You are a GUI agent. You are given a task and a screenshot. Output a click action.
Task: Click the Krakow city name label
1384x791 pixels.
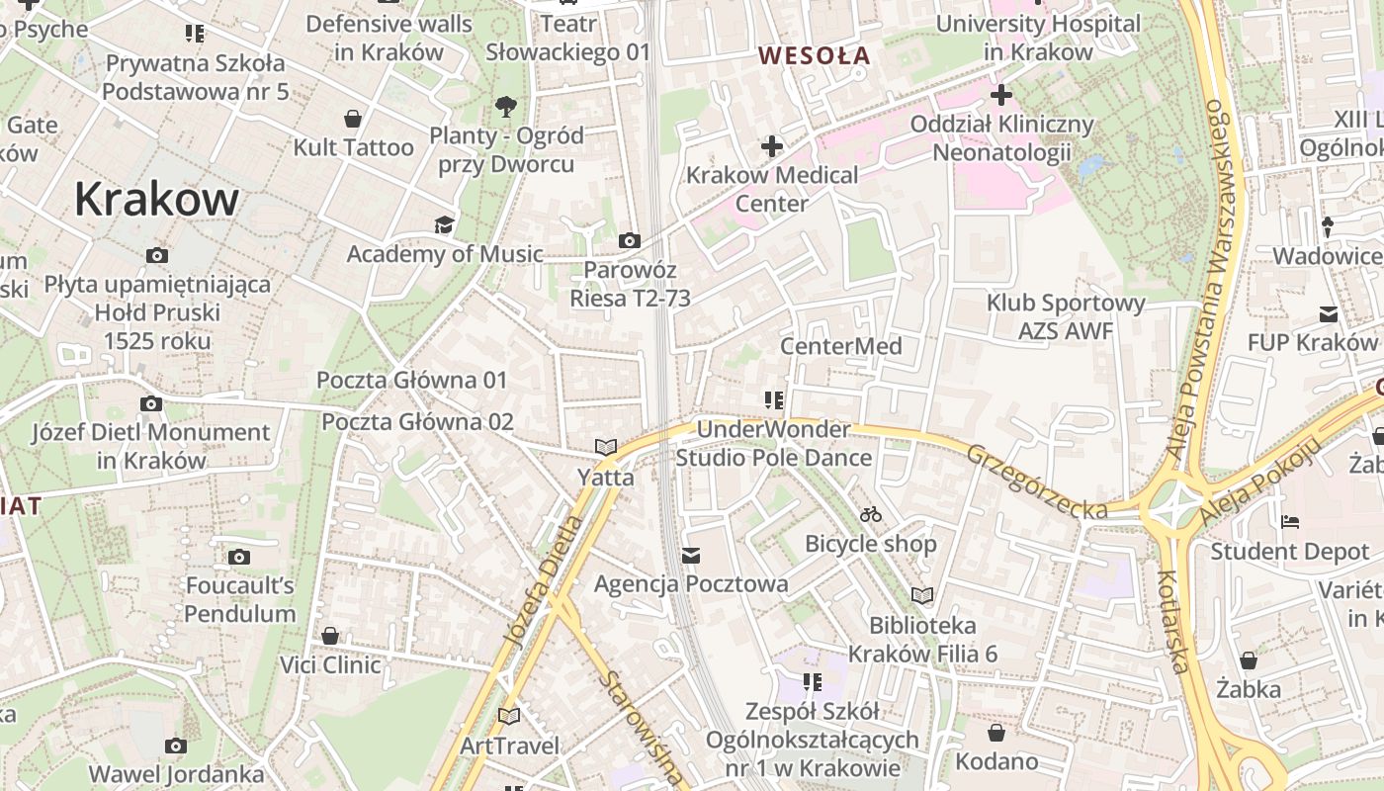[156, 199]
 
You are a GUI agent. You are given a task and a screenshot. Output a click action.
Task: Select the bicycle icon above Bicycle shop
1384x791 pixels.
[870, 514]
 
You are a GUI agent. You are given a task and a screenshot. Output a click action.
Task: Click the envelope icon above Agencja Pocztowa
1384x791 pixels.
[691, 556]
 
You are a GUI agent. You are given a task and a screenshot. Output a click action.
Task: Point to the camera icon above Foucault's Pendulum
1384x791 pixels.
[239, 558]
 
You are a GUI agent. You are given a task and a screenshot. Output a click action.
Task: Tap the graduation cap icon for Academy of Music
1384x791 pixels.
[444, 225]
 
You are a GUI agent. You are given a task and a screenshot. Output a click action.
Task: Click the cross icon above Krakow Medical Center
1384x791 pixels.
[771, 147]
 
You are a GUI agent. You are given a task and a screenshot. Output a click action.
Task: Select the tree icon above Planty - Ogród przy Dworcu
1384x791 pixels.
[505, 105]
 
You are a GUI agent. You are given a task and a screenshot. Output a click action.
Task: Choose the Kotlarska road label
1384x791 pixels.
[1171, 621]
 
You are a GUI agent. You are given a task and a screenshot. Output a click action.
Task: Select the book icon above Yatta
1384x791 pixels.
[605, 448]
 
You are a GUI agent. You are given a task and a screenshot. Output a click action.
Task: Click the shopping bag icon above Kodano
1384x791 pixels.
[996, 733]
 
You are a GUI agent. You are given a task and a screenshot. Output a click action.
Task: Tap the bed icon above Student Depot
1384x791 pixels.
[1289, 521]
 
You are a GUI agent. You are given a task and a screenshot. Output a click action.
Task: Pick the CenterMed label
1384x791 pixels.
[841, 346]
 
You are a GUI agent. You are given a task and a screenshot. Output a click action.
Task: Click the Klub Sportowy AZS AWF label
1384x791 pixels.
[1066, 316]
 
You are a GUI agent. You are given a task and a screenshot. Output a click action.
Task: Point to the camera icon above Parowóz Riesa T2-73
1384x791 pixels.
[629, 240]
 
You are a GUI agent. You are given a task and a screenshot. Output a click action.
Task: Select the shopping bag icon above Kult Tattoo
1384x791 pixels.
[353, 120]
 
